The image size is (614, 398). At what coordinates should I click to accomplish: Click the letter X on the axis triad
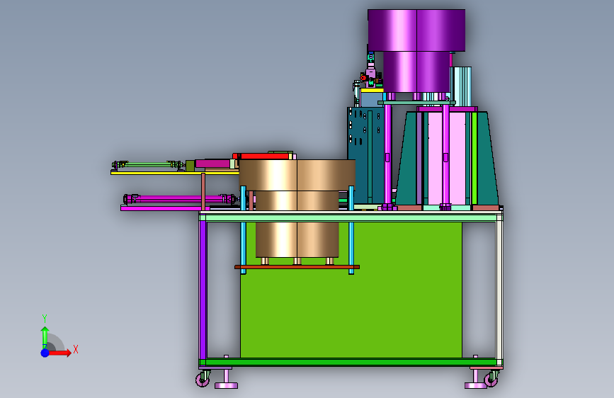pos(76,349)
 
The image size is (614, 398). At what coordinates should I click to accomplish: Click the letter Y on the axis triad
pos(45,319)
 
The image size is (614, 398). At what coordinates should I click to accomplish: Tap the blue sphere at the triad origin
pos(45,353)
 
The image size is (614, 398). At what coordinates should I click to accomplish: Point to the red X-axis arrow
pos(59,353)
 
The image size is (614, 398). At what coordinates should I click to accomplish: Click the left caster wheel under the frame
pos(203,379)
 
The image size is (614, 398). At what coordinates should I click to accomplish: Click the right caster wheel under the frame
pos(491,379)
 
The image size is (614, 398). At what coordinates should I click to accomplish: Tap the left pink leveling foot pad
pos(227,386)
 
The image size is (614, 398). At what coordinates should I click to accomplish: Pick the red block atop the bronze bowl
pos(265,156)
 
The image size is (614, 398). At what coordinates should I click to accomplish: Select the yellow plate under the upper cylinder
pos(175,172)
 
